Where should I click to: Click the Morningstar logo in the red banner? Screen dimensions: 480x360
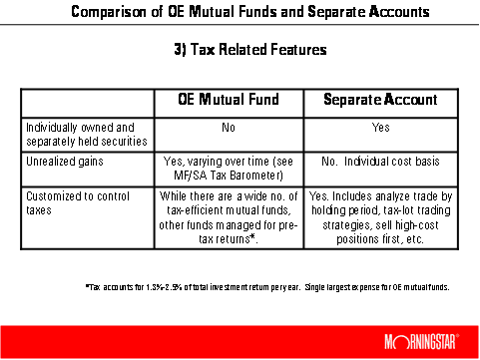[x=422, y=342]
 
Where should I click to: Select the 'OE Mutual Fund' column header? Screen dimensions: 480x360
[x=229, y=99]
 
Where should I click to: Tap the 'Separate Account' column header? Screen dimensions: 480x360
[x=380, y=99]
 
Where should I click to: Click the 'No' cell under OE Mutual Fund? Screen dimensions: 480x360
[x=229, y=128]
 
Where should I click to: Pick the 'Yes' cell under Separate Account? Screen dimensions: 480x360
[x=381, y=128]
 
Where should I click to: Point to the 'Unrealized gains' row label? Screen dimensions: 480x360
[x=65, y=162]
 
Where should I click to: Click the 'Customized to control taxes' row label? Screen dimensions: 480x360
[x=78, y=203]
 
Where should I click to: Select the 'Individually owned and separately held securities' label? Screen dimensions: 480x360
[x=87, y=135]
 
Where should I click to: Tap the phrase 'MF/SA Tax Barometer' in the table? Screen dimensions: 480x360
[x=228, y=176]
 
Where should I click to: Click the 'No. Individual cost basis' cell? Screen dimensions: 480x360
[x=380, y=162]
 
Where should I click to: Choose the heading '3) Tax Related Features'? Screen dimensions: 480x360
[x=250, y=49]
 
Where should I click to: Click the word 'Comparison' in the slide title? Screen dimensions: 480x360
[x=109, y=12]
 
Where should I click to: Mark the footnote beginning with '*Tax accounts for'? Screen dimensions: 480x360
[x=267, y=287]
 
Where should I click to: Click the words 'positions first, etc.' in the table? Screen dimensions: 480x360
[x=380, y=239]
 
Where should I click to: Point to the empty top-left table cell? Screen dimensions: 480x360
[x=88, y=103]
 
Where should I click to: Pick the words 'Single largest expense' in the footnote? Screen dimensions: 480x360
[x=337, y=287]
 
